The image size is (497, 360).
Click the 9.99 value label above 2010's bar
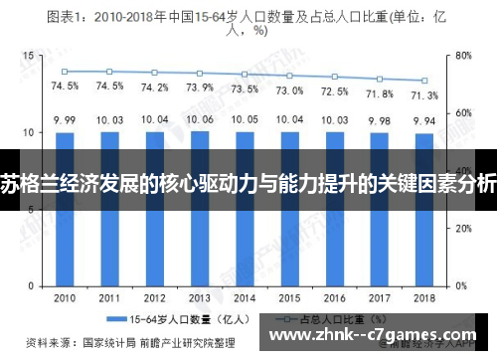65,120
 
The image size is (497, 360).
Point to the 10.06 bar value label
200,119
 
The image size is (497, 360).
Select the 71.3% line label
424,95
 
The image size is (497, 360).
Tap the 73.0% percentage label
290,90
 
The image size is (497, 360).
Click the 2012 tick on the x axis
155,297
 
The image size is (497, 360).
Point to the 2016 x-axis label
335,297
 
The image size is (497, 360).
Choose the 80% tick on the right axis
462,57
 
